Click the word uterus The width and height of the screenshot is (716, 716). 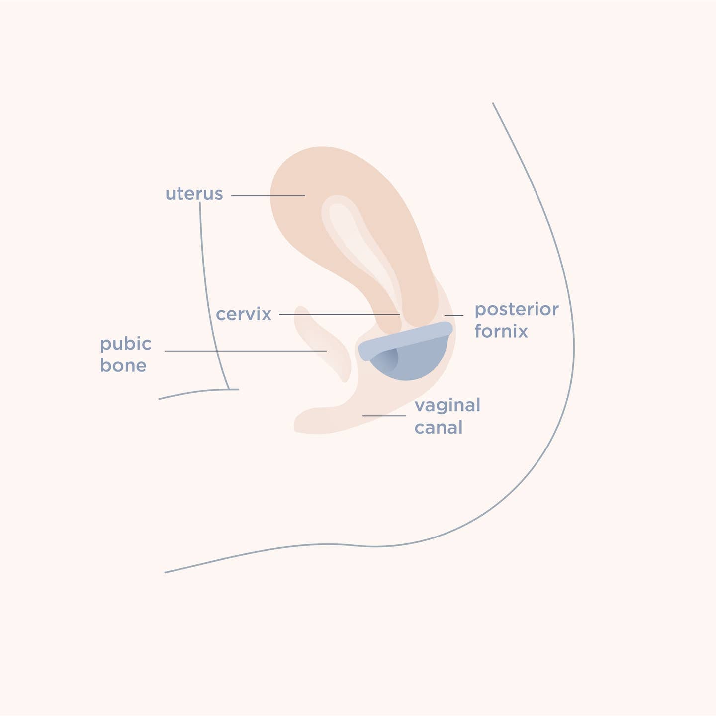(x=194, y=194)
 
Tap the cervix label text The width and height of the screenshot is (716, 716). (x=243, y=314)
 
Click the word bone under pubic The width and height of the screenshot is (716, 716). (x=123, y=365)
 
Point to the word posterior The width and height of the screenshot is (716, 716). (x=517, y=310)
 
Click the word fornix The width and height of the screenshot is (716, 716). (x=501, y=331)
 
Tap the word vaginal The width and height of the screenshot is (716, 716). (x=447, y=406)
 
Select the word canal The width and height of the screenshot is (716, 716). (x=439, y=427)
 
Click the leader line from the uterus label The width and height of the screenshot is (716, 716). (x=268, y=196)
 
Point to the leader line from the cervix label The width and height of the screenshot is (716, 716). (x=340, y=314)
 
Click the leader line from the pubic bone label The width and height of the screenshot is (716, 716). (x=246, y=351)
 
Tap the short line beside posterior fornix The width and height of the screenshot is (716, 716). (x=453, y=315)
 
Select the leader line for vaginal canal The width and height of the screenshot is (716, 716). (x=384, y=415)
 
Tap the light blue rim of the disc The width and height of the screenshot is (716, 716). (x=405, y=341)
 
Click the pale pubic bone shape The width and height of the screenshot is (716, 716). (x=323, y=344)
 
